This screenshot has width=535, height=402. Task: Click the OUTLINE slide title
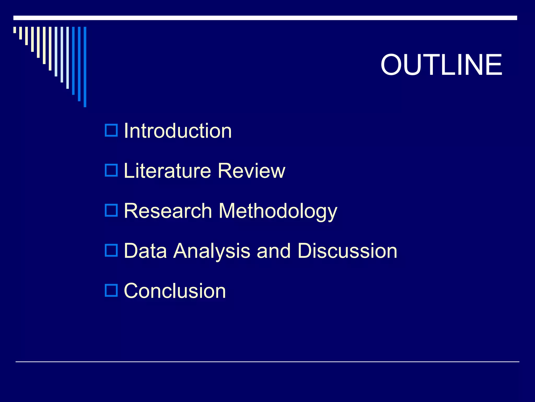[441, 65]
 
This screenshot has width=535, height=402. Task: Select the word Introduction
[178, 131]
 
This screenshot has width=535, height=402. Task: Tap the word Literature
[167, 171]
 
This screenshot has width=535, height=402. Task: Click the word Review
[251, 171]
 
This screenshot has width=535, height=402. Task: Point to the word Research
[168, 211]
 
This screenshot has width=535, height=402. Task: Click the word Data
[145, 251]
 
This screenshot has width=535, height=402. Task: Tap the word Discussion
[347, 251]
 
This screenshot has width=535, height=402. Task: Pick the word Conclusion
[175, 291]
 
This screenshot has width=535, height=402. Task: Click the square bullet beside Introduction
[111, 130]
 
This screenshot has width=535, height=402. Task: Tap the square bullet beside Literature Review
[111, 170]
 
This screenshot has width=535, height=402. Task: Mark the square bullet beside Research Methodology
[111, 210]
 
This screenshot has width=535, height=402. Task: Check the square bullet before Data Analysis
[111, 250]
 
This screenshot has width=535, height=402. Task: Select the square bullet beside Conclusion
[111, 291]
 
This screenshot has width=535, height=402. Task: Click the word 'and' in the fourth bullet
[274, 251]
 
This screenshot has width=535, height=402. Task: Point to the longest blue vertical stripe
[85, 67]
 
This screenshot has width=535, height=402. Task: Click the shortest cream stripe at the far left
[15, 30]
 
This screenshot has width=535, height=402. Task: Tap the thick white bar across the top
[265, 18]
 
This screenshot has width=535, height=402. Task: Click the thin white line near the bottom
[267, 362]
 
